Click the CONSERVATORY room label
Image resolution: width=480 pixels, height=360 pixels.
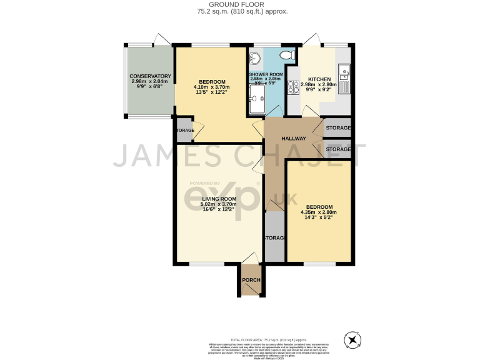(x=151, y=76)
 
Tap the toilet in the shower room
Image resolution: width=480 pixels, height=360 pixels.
(x=287, y=56)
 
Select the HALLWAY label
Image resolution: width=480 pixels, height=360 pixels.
(x=293, y=139)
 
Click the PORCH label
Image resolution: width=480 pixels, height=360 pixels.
(x=251, y=280)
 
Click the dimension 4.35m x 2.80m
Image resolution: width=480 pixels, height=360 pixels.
(x=319, y=212)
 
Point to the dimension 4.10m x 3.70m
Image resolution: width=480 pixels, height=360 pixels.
(x=212, y=87)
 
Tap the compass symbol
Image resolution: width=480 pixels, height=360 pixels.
(x=353, y=341)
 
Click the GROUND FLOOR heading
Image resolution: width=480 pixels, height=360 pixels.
(x=239, y=4)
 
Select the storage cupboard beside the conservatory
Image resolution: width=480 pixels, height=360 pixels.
(x=184, y=130)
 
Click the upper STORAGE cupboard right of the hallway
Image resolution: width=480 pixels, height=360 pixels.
(x=338, y=128)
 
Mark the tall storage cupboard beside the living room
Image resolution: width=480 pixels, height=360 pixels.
(x=274, y=238)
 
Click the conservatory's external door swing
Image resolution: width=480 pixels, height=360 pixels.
(x=162, y=39)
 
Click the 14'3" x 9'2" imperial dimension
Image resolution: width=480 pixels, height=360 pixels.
(x=319, y=218)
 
